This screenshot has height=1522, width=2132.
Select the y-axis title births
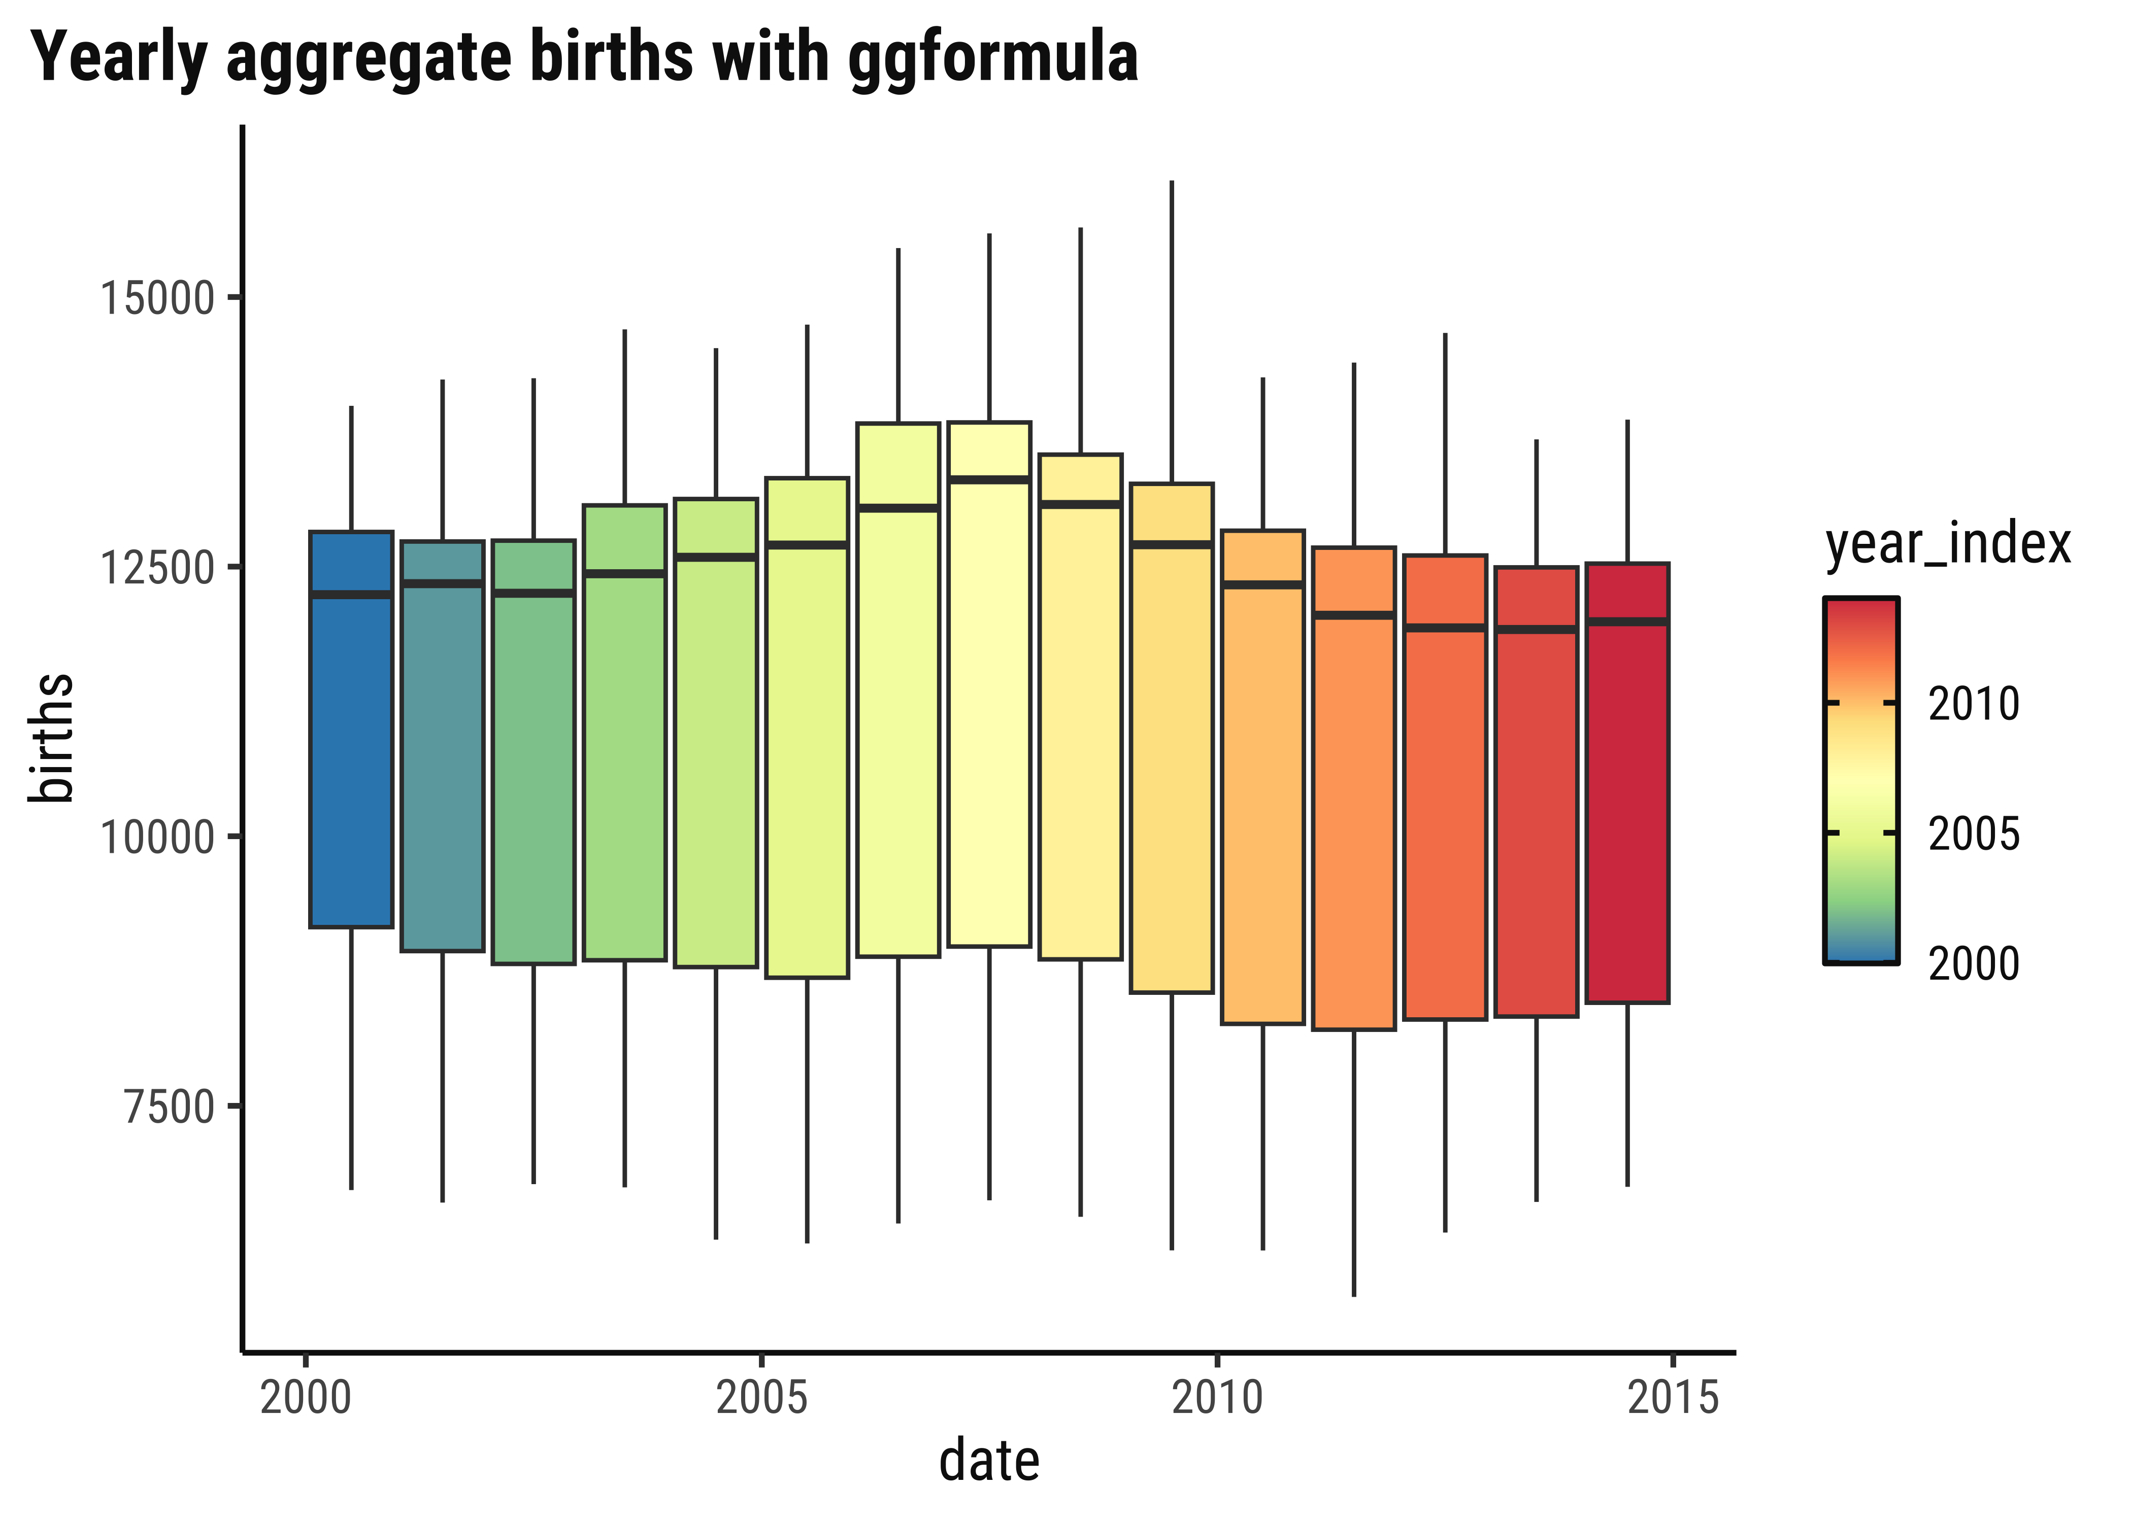tap(52, 738)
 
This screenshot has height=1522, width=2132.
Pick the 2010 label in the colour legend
tap(1973, 704)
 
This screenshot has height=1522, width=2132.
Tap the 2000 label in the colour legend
tap(1973, 963)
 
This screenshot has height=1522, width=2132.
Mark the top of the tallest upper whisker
tap(1171, 183)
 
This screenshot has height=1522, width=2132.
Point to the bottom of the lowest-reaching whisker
tap(1353, 1294)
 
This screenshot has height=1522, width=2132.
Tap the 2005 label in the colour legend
tap(1973, 833)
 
